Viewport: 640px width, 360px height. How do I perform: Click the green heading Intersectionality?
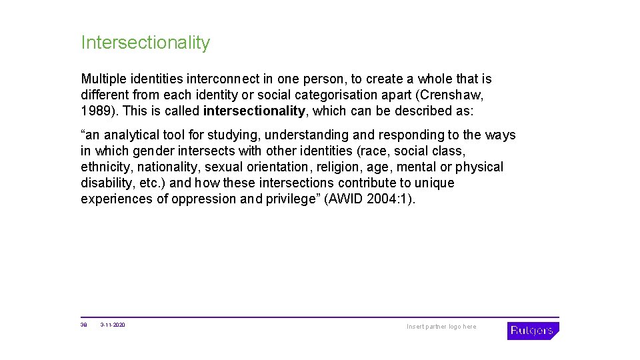[145, 43]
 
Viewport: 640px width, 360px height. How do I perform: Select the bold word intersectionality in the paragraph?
[254, 111]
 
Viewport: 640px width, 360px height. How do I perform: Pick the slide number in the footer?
[84, 325]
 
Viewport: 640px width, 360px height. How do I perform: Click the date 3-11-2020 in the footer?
[113, 325]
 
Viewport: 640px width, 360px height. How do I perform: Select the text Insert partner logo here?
[441, 327]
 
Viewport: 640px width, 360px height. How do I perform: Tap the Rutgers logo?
[532, 331]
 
